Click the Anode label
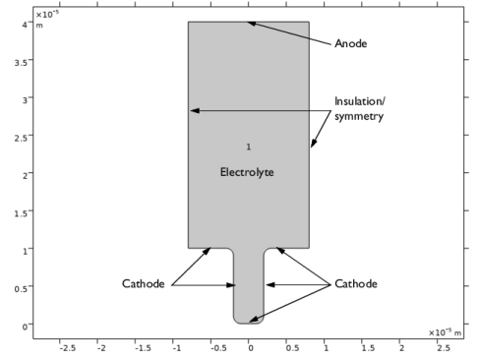tap(350, 43)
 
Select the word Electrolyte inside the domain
tap(247, 172)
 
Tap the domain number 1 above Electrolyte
tap(249, 147)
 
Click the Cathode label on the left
tap(144, 283)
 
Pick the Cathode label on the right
tap(356, 283)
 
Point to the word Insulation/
tap(360, 101)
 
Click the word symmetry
tap(359, 116)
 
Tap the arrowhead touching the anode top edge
tap(252, 24)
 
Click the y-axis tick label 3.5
tap(22, 62)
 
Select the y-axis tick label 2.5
tap(22, 138)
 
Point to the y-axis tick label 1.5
tap(22, 213)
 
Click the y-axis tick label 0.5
tap(22, 289)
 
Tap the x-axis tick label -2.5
tap(68, 348)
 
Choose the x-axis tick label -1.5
tap(143, 348)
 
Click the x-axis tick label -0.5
tap(218, 348)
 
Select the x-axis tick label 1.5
tap(368, 348)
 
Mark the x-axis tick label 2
tap(401, 348)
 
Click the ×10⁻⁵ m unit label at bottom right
tap(445, 332)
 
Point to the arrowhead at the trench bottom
tap(254, 319)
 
